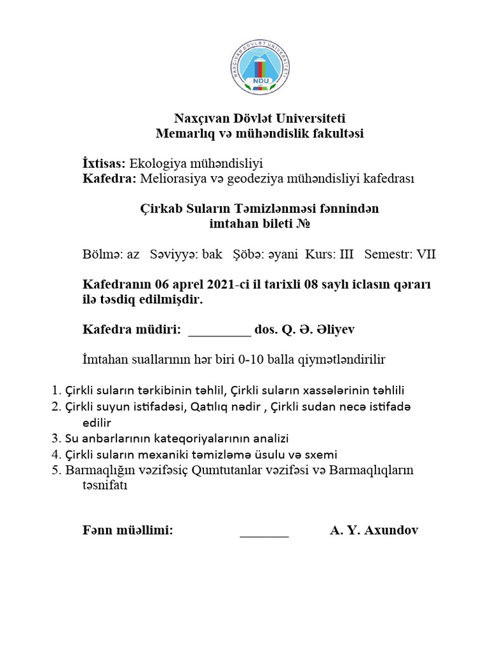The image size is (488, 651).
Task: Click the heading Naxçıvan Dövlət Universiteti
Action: [x=261, y=118]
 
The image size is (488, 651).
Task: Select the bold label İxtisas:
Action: [x=105, y=163]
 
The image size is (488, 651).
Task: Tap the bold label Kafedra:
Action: [x=109, y=179]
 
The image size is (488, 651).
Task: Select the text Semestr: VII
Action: [x=400, y=254]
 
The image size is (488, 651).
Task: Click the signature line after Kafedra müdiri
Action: [x=220, y=330]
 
